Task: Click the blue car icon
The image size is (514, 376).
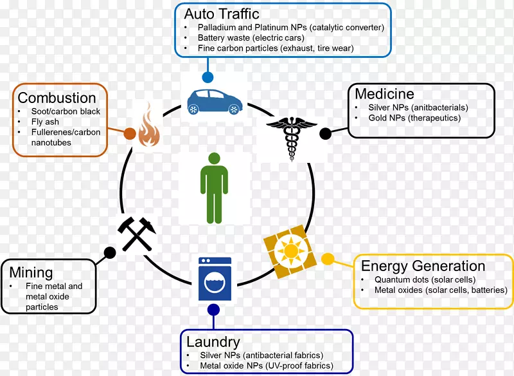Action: (x=215, y=101)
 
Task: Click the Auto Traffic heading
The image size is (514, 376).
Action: (x=221, y=14)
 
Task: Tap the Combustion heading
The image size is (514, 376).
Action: (x=57, y=98)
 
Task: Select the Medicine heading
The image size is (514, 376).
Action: (x=385, y=94)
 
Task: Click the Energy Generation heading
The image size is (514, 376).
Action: (x=423, y=266)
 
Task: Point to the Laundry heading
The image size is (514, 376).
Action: (x=213, y=341)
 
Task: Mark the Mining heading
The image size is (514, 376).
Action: (x=31, y=273)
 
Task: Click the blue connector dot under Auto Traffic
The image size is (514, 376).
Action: (x=208, y=77)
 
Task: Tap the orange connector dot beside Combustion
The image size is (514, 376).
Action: (x=129, y=134)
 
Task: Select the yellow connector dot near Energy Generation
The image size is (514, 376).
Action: (x=327, y=259)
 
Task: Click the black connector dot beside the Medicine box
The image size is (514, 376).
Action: (x=326, y=133)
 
